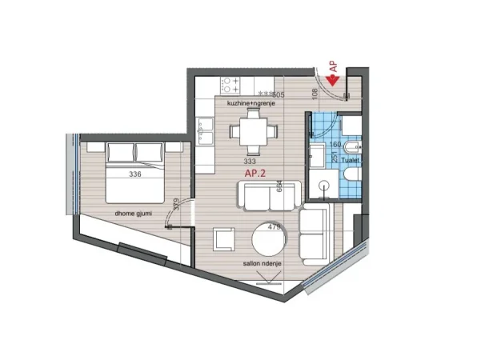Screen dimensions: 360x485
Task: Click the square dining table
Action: pyautogui.click(x=252, y=130)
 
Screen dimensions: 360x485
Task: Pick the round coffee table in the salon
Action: pyautogui.click(x=268, y=240)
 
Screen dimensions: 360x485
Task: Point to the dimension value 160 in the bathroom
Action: pyautogui.click(x=335, y=145)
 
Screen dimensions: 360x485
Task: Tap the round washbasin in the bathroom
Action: pyautogui.click(x=325, y=186)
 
